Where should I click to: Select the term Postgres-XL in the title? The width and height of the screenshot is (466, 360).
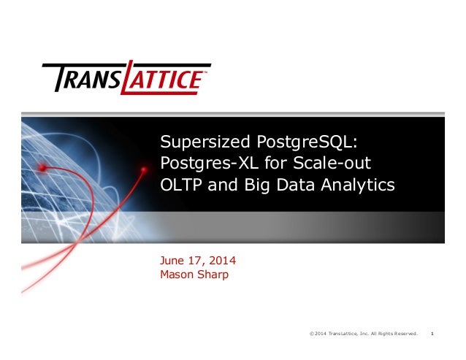201,163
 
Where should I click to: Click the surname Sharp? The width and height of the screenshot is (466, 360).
214,275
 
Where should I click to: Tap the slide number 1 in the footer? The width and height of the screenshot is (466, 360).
433,334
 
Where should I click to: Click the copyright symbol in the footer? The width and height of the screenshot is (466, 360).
312,334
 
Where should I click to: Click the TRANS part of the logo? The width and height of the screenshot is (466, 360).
85,78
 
